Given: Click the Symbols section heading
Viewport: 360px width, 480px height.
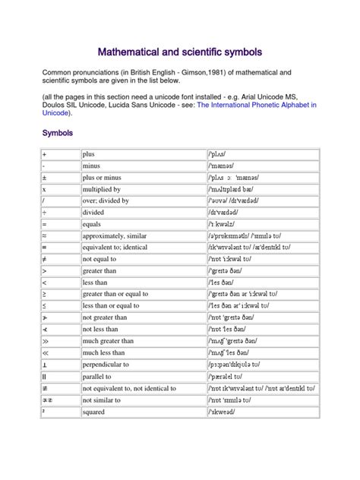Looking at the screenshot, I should point(58,133).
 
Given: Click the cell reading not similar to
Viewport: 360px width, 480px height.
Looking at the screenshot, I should point(107,400).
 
